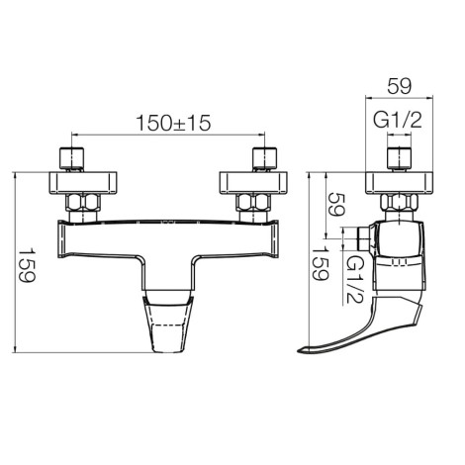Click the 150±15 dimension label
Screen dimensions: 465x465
click(173, 123)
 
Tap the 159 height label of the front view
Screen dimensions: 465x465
click(26, 265)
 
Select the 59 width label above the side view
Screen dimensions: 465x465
click(400, 87)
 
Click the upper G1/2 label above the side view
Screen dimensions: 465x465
click(398, 120)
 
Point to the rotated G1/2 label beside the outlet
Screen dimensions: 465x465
click(354, 279)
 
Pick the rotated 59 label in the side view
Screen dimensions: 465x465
click(336, 204)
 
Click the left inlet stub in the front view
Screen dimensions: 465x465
click(71, 158)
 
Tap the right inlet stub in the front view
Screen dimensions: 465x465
click(265, 158)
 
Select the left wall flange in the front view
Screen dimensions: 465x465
click(83, 182)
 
